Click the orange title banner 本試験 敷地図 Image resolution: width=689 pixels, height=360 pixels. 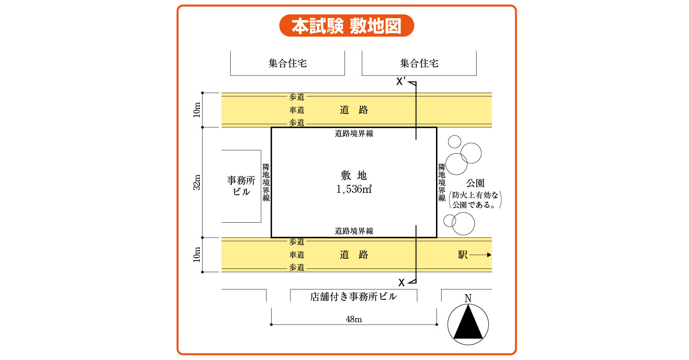[x=346, y=26]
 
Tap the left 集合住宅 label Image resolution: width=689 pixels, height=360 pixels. [x=288, y=63]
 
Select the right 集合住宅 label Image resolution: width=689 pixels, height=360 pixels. [x=419, y=63]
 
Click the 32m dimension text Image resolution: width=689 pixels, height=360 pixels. [x=197, y=182]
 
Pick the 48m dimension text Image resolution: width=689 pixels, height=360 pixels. [x=354, y=319]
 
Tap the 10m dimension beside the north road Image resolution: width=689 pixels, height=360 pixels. [x=197, y=110]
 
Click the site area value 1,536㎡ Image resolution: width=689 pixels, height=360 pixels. [x=354, y=190]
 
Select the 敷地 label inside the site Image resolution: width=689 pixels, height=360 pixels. [x=354, y=176]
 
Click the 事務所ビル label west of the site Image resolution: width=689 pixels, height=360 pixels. [x=241, y=186]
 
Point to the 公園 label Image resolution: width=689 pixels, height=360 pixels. [x=475, y=183]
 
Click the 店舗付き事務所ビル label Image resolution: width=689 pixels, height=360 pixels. [x=353, y=296]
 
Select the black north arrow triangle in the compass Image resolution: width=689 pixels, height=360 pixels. [x=468, y=322]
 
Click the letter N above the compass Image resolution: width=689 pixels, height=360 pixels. [x=468, y=298]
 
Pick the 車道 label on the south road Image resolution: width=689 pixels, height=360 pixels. [x=297, y=255]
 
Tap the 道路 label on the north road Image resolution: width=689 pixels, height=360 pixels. [x=354, y=110]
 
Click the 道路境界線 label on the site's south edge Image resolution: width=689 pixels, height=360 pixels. [x=354, y=231]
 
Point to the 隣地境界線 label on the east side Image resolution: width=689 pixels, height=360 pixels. [x=442, y=183]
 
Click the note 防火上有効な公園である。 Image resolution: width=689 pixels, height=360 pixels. [x=475, y=200]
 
